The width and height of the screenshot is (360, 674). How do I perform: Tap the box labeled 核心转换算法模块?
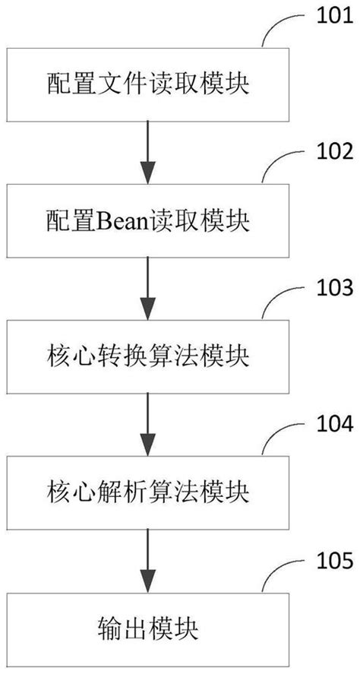pos(148,355)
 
